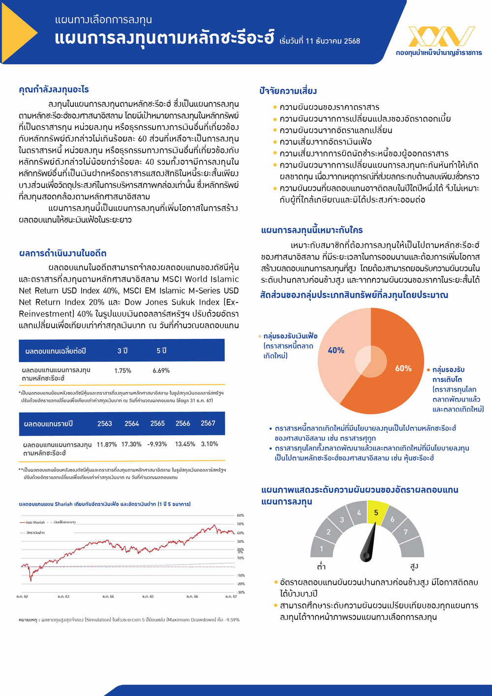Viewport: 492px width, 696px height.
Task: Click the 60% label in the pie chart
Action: click(x=403, y=368)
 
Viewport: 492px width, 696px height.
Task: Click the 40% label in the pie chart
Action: click(x=336, y=350)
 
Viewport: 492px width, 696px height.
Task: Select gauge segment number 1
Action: click(x=321, y=548)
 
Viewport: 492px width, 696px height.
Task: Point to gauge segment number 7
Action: click(x=405, y=532)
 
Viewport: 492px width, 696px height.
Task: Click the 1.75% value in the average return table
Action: click(x=123, y=370)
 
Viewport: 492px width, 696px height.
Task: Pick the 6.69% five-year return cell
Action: click(x=161, y=370)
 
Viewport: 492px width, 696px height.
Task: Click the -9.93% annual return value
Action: click(x=157, y=444)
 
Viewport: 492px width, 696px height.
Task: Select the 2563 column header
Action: click(x=105, y=423)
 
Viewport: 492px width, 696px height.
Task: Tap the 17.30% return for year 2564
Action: click(x=131, y=444)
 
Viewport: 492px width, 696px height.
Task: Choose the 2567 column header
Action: click(x=208, y=423)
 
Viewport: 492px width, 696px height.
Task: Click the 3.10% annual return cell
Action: click(x=209, y=444)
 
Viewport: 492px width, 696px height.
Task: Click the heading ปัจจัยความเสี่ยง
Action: click(x=288, y=91)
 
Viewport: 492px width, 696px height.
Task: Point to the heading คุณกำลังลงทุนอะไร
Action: click(x=54, y=90)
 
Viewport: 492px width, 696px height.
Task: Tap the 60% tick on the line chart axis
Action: click(x=241, y=515)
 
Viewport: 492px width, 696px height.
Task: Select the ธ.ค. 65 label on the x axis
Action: click(x=148, y=596)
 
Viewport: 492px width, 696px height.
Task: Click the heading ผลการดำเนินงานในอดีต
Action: click(x=62, y=253)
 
